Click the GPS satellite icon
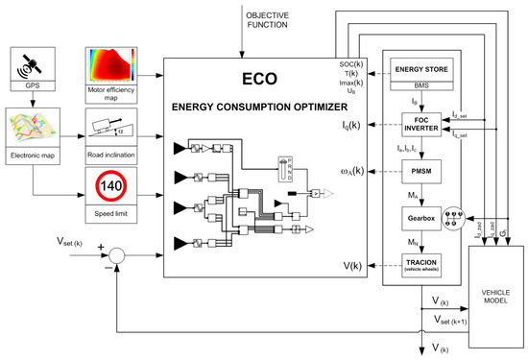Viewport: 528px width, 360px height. point(33,64)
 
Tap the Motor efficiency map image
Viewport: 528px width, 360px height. point(113,66)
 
